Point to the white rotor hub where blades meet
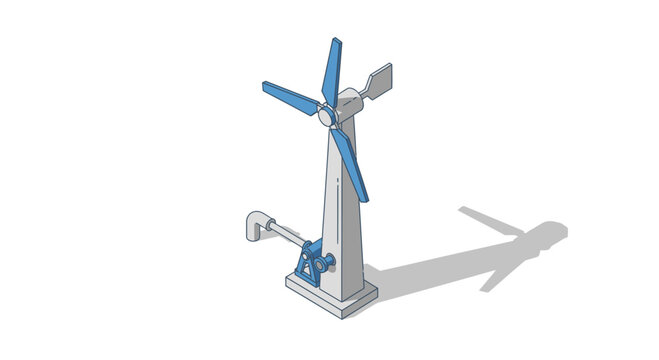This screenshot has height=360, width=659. pyautogui.click(x=327, y=116)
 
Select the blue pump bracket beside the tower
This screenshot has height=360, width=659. pyautogui.click(x=308, y=263)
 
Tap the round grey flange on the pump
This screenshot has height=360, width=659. pyautogui.click(x=322, y=264)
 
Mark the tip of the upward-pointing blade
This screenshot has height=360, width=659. pyautogui.click(x=336, y=42)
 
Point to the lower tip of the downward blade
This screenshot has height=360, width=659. pyautogui.click(x=364, y=197)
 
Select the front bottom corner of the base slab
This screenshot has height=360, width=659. pyautogui.click(x=345, y=314)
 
